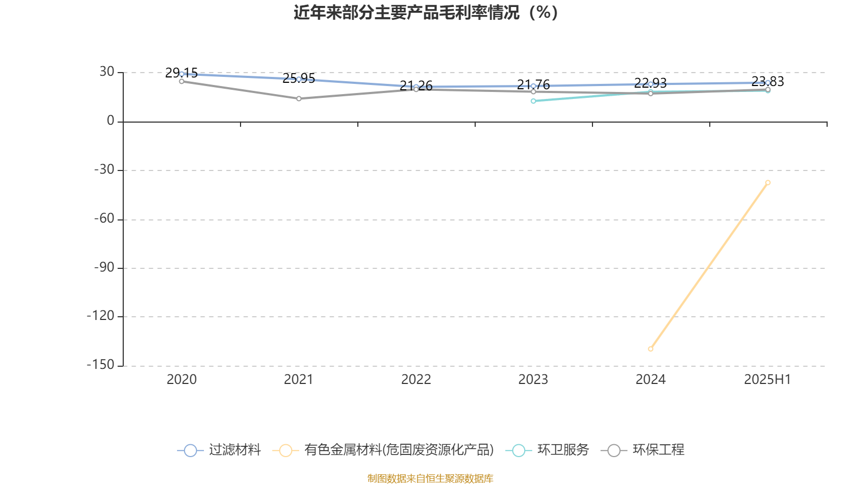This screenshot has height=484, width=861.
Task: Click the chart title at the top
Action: [426, 13]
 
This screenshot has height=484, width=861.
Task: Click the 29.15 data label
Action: [181, 73]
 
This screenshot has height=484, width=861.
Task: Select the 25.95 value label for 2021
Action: [299, 79]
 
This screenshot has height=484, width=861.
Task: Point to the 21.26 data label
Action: [416, 86]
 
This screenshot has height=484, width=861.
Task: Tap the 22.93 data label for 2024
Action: [651, 83]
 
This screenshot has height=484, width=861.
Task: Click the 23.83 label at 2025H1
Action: [767, 81]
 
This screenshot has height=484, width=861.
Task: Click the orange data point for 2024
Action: [651, 349]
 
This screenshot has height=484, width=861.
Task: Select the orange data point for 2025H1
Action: [767, 183]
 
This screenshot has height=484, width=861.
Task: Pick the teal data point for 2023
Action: [533, 101]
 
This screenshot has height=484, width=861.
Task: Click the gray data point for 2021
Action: [299, 99]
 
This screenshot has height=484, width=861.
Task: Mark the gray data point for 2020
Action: [181, 81]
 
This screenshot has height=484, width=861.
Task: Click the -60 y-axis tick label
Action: [104, 218]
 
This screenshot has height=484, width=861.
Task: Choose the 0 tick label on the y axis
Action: [111, 120]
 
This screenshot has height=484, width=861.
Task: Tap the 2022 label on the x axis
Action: [416, 380]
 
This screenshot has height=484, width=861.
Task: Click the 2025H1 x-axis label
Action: [767, 380]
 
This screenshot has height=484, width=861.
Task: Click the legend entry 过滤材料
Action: [219, 450]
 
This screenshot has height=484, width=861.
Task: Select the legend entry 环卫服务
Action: [547, 450]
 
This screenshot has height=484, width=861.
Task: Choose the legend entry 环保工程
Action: [643, 450]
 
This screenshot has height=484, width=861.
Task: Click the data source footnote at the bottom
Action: [430, 478]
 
